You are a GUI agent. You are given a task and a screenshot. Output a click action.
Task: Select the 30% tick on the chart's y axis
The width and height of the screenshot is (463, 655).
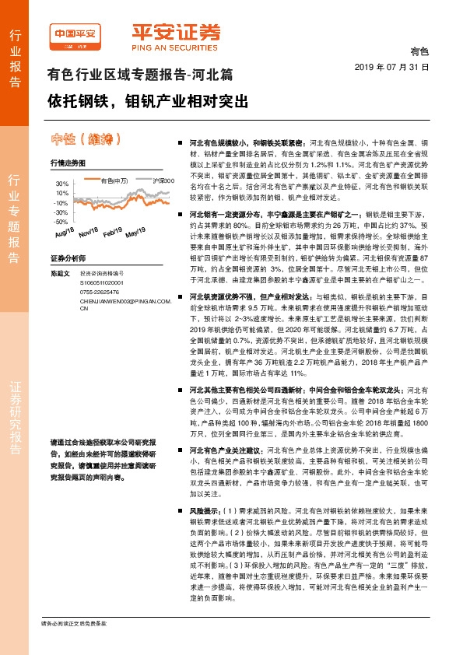tap(62, 183)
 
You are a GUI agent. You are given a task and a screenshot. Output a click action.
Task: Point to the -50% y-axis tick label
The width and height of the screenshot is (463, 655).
tap(61, 221)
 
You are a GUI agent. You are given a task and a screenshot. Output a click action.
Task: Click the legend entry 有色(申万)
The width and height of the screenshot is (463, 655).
tap(114, 180)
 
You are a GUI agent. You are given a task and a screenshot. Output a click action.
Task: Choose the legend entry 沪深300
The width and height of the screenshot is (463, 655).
tap(161, 180)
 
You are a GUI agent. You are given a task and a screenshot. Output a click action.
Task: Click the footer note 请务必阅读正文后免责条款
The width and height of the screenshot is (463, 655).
tap(74, 646)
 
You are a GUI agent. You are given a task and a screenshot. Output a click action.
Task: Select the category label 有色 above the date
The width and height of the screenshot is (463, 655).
tap(419, 51)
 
